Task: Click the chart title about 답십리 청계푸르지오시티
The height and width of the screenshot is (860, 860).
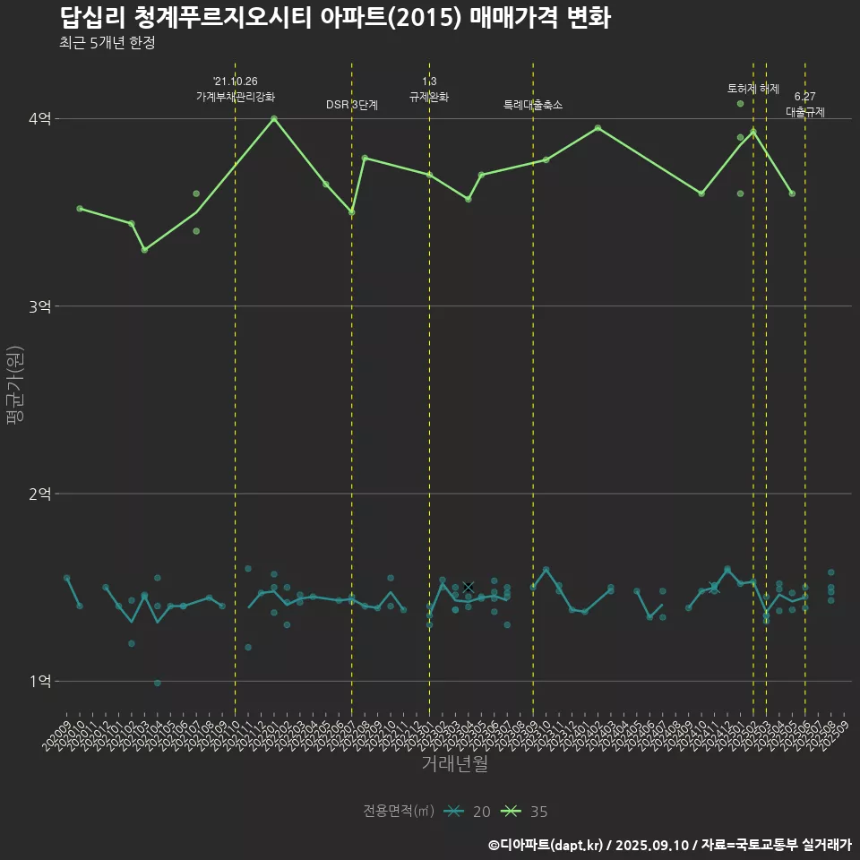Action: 335,17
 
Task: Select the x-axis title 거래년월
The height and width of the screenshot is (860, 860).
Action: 455,763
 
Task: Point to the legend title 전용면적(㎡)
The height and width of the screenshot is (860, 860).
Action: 398,812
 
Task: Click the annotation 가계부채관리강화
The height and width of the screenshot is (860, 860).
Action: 236,96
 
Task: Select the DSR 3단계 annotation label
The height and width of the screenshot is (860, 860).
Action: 352,105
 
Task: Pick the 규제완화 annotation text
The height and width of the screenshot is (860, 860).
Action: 429,96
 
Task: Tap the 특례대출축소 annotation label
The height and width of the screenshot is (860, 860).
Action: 533,105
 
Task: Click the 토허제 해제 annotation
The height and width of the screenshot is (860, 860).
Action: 753,89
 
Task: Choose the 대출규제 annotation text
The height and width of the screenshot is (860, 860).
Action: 805,112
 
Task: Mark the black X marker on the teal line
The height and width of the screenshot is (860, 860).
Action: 468,587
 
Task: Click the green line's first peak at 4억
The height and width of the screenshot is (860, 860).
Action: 274,118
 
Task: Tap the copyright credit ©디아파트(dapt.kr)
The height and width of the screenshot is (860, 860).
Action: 546,844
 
